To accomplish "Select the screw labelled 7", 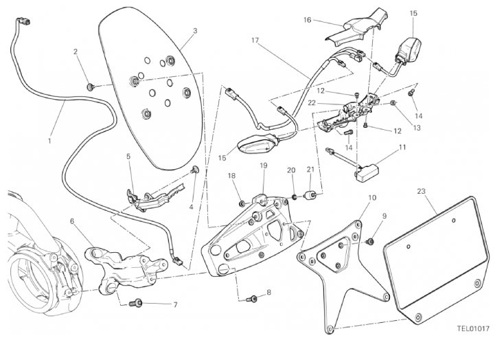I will pyautogui.click(x=138, y=302).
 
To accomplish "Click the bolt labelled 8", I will pyautogui.click(x=252, y=299).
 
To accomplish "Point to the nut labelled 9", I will pyautogui.click(x=369, y=242).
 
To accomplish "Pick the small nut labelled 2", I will pyautogui.click(x=90, y=87).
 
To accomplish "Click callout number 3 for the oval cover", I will pyautogui.click(x=195, y=31).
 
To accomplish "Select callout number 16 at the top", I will pyautogui.click(x=307, y=21).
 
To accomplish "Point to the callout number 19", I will pyautogui.click(x=263, y=166).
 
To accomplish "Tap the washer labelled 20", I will pyautogui.click(x=294, y=197).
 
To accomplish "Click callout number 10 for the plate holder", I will pyautogui.click(x=371, y=199).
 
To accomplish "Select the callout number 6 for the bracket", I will pyautogui.click(x=73, y=221).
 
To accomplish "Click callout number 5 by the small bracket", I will pyautogui.click(x=128, y=156).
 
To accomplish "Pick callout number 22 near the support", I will pyautogui.click(x=312, y=102).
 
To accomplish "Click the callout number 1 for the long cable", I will pyautogui.click(x=49, y=141).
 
